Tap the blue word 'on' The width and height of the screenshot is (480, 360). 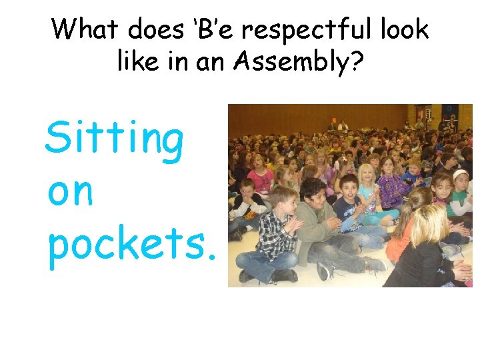(70, 193)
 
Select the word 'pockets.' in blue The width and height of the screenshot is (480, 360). (132, 246)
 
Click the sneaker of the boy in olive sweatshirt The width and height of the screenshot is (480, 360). (325, 271)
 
